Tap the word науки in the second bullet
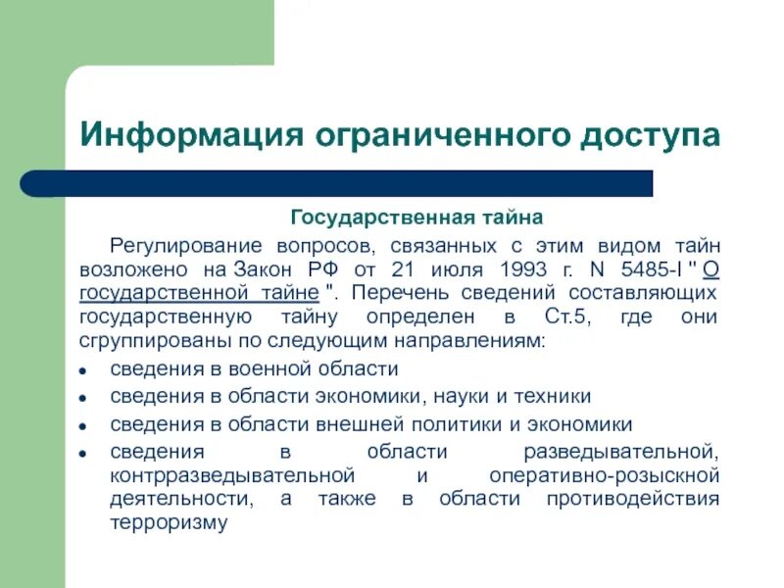pos(459,397)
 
